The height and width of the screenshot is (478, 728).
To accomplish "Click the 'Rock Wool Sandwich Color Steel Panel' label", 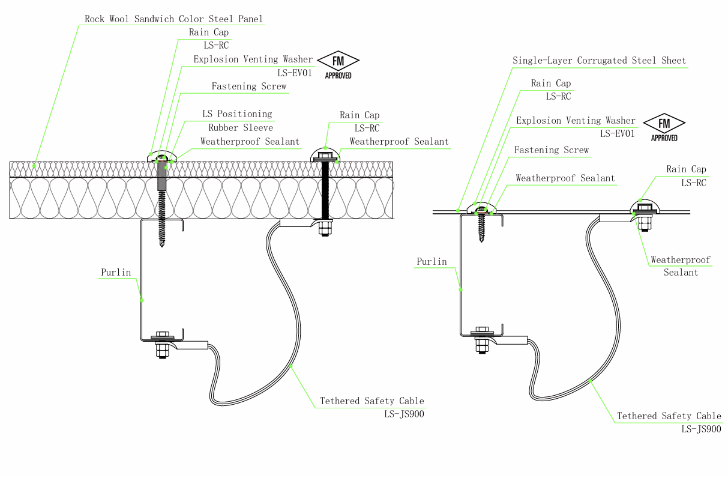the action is (x=173, y=19).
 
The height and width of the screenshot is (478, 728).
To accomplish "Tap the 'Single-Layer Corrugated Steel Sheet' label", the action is (x=599, y=61).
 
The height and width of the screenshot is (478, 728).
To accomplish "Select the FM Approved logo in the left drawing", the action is (x=338, y=65).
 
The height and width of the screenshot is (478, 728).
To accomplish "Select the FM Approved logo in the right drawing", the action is (x=664, y=127).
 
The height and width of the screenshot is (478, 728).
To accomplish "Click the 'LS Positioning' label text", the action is (x=237, y=114).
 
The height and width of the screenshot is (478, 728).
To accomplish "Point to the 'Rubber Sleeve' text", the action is (x=241, y=127).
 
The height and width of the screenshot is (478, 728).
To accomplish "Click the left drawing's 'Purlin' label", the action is (x=116, y=272).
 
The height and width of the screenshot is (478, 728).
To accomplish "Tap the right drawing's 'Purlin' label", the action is (x=432, y=261).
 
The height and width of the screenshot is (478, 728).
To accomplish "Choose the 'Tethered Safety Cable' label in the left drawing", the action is (x=372, y=401).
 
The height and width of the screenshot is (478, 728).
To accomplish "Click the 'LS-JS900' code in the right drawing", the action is (x=701, y=429).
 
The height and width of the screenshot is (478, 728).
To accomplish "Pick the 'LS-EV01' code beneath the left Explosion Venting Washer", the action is (x=295, y=73).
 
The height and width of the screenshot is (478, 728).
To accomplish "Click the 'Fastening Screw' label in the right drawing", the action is (x=551, y=150).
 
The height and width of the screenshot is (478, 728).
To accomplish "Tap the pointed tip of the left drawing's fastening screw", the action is (x=162, y=246).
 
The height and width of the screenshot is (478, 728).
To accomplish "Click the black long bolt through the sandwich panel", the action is (x=325, y=190).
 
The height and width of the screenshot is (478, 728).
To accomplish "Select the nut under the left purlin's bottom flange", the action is (x=162, y=350).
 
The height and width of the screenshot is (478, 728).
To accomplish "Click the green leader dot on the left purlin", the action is (x=142, y=300).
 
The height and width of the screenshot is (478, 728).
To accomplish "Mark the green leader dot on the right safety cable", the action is (x=590, y=381).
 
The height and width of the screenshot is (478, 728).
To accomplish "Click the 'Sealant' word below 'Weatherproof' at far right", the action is (x=681, y=273).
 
